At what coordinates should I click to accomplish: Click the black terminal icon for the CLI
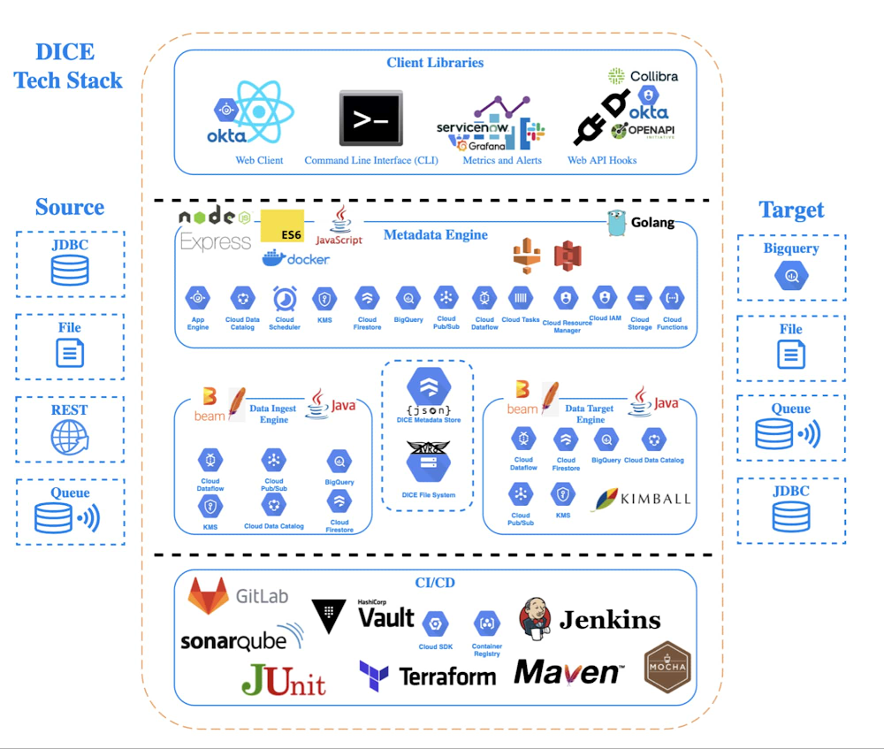click(371, 118)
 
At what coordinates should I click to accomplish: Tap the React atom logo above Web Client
click(259, 111)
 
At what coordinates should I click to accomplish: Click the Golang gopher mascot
click(618, 224)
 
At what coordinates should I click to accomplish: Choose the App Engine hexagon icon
click(198, 298)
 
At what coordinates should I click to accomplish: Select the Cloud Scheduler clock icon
click(285, 298)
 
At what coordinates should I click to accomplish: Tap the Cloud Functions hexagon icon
click(672, 298)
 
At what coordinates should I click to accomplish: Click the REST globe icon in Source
click(70, 437)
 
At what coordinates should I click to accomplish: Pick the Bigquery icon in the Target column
click(791, 277)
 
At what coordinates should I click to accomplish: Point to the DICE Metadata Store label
click(428, 421)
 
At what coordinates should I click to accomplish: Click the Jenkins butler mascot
click(536, 617)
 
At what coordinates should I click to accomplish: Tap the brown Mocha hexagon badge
click(667, 666)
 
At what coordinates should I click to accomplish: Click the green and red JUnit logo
click(284, 679)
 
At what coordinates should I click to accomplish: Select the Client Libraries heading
click(435, 63)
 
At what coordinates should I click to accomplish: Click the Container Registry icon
click(486, 623)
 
